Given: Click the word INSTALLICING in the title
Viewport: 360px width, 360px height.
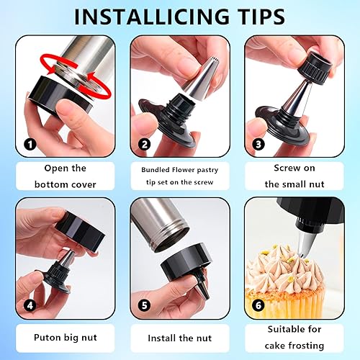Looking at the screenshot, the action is [152, 17].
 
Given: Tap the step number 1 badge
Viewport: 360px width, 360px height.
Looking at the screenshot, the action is [30, 145].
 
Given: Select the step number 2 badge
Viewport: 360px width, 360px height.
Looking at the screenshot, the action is [145, 145].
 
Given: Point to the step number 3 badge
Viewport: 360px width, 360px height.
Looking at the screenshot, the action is [258, 145].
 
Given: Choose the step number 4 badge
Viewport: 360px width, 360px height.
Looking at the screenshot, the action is [30, 305].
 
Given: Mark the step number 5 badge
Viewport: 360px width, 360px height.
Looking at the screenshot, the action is [145, 305].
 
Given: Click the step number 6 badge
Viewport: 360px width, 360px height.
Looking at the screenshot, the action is [258, 305].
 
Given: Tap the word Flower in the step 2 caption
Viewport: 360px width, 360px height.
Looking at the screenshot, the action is [184, 170].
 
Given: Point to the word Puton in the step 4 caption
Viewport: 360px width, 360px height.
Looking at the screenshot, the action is [47, 337].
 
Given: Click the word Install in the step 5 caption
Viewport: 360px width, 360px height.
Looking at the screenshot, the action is [161, 338].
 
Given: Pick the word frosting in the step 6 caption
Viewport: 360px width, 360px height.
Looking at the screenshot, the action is [306, 346].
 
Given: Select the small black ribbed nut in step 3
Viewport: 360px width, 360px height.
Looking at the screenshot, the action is [315, 66].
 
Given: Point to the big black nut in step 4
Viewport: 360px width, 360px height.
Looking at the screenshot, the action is [81, 232].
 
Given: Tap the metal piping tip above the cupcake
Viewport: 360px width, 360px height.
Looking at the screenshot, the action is [307, 243].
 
